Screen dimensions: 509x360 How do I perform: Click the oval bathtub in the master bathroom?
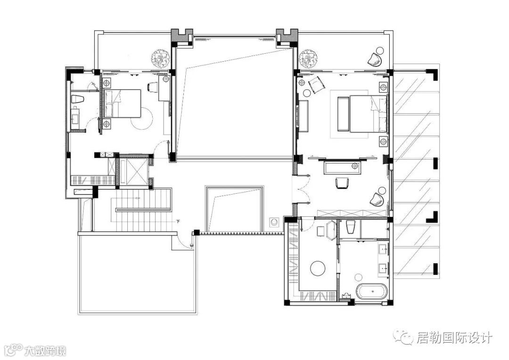[x=372, y=291]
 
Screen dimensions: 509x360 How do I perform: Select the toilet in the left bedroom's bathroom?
[x=78, y=99]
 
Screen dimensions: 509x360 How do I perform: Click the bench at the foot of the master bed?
[x=343, y=114]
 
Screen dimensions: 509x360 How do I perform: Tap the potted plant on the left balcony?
[x=160, y=58]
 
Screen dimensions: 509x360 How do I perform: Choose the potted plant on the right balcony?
[x=307, y=58]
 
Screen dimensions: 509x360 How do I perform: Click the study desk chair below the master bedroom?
[x=341, y=182]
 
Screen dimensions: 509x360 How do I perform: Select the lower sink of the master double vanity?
[x=383, y=269]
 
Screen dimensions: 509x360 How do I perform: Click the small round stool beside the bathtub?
[x=358, y=277]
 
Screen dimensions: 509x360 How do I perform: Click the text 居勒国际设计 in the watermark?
[x=454, y=337]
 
